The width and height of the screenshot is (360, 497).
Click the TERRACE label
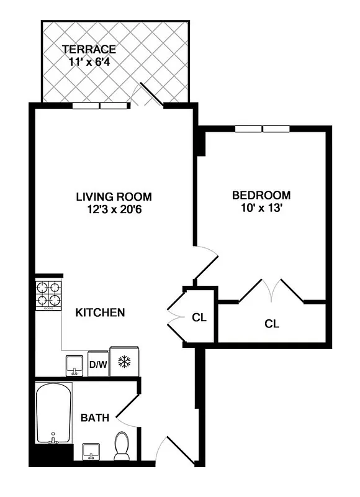[x=88, y=49]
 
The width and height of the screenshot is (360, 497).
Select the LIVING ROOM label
[x=114, y=197]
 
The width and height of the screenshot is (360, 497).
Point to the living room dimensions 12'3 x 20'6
[x=115, y=209]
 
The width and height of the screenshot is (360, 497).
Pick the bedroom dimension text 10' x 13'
[x=258, y=208]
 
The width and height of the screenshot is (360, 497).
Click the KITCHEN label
[x=100, y=312]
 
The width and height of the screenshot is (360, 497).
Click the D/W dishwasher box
[x=97, y=365]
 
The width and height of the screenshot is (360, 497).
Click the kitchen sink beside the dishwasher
[x=74, y=365]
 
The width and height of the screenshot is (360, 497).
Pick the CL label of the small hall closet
[x=199, y=318]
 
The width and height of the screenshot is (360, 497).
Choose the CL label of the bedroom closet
[x=271, y=324]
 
